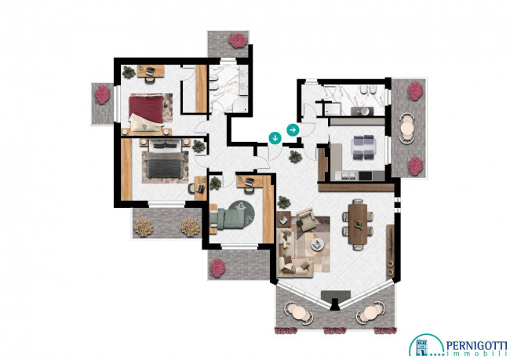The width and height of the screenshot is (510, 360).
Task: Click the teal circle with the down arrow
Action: click(x=275, y=138)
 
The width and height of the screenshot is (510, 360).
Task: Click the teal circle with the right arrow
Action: click(x=293, y=130)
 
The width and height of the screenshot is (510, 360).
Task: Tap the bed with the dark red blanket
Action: click(x=147, y=112)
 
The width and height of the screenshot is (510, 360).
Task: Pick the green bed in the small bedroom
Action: click(x=227, y=218)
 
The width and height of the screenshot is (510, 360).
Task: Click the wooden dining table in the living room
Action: click(x=358, y=224)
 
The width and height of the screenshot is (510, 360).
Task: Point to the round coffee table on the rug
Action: click(x=317, y=245)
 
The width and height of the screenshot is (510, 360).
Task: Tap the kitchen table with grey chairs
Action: click(x=363, y=147)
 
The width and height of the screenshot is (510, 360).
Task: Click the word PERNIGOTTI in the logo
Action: click(x=476, y=346)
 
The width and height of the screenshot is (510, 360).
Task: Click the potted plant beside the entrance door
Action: click(x=295, y=157)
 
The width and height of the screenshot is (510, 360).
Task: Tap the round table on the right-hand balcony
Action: click(x=407, y=128)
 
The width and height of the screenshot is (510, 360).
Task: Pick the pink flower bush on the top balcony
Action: click(x=238, y=41)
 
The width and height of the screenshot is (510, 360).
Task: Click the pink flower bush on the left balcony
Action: click(x=103, y=95)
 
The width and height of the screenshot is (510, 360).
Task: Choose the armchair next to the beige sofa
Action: click(x=306, y=220)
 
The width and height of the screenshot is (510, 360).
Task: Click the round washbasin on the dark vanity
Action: click(x=364, y=111)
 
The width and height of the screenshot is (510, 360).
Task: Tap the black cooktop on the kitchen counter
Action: click(x=366, y=176)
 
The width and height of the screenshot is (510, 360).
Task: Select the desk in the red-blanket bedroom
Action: click(x=151, y=71)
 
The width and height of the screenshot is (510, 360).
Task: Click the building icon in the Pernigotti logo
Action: click(x=422, y=347)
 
